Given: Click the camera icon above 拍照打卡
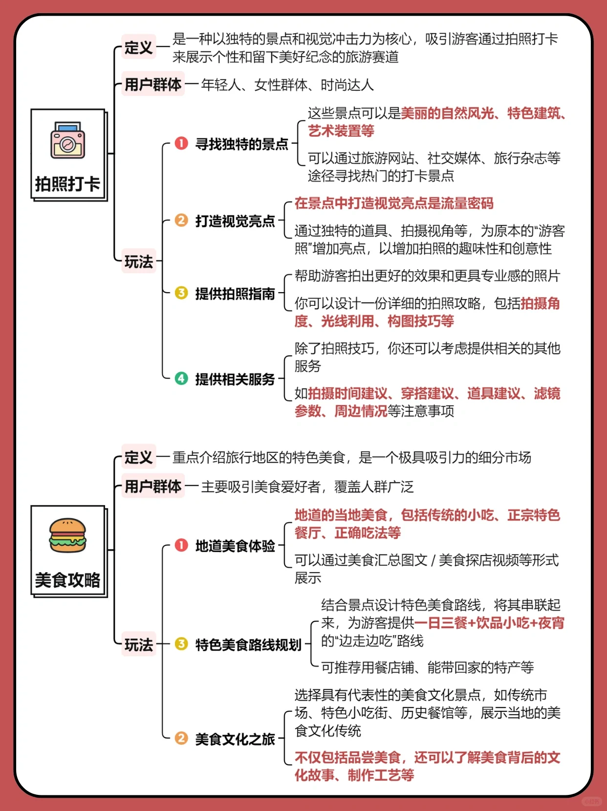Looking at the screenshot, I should point(67,141).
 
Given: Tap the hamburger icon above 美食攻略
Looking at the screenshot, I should point(67,535).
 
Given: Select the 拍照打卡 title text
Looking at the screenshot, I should point(67,184).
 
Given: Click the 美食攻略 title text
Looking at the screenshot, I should point(67,580).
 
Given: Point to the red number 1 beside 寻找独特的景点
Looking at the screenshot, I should point(181,143).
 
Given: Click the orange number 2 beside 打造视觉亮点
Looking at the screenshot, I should point(181,220).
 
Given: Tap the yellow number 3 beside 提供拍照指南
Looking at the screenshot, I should point(181,293).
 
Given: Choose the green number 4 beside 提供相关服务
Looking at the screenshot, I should point(181,379).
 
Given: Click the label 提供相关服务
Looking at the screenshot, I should point(235,379).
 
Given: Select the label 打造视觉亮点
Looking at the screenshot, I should point(235,221).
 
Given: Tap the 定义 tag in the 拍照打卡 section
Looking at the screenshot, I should point(138,47).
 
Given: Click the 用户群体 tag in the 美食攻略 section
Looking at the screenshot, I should point(153,486).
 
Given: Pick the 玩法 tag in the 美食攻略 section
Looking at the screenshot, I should point(139,644).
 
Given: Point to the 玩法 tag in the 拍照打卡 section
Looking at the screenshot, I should point(139,261).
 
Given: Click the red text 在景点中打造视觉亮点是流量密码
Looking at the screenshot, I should point(394,203).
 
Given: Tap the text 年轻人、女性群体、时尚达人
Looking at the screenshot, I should point(287,85).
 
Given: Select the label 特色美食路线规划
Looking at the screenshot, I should point(248,644).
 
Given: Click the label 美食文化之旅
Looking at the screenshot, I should point(235,739).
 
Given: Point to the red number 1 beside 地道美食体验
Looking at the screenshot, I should point(181,545).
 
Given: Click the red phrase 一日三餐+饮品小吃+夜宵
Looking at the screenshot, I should point(489,623).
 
